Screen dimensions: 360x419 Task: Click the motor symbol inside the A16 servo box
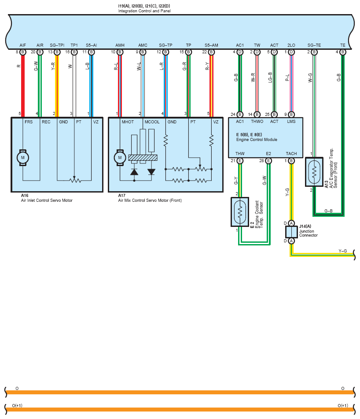tap(23, 158)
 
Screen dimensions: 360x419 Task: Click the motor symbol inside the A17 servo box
tap(120, 158)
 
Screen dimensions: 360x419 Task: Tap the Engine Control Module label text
tap(257, 140)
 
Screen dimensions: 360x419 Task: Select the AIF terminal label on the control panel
tap(23, 45)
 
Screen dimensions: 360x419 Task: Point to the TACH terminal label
tap(291, 154)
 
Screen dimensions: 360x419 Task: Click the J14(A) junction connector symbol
tap(291, 232)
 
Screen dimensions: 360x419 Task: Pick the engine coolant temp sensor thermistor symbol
tap(240, 212)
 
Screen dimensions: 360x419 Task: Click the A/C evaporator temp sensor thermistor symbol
tap(314, 171)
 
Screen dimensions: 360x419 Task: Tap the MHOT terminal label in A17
tap(128, 122)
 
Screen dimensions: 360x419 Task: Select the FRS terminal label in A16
tap(29, 122)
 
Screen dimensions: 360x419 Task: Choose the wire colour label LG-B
tap(270, 78)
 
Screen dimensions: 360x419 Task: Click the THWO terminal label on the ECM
tap(257, 121)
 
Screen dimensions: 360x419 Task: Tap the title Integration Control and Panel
tap(144, 11)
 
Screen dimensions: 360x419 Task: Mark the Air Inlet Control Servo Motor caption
tap(47, 200)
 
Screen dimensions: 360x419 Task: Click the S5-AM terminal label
tap(211, 45)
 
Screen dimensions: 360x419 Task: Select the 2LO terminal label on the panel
tap(291, 45)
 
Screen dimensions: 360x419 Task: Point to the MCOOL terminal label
tap(152, 122)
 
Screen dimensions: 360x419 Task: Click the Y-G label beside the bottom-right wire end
tap(343, 251)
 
